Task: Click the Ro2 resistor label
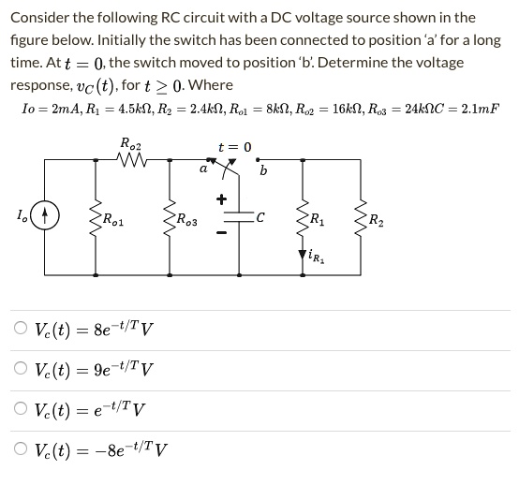[x=130, y=142]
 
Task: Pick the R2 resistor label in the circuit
[x=377, y=222]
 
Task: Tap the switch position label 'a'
[x=202, y=169]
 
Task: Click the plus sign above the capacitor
[x=222, y=199]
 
